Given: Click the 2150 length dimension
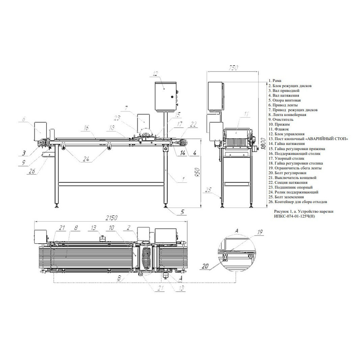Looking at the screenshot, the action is (111, 218).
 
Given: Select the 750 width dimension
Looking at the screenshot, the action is (233, 68).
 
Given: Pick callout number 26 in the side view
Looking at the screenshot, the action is (32, 171).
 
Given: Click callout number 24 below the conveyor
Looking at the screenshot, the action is (86, 159).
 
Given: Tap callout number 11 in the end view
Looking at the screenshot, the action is (246, 114).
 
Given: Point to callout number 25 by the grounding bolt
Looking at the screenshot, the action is (208, 190).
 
